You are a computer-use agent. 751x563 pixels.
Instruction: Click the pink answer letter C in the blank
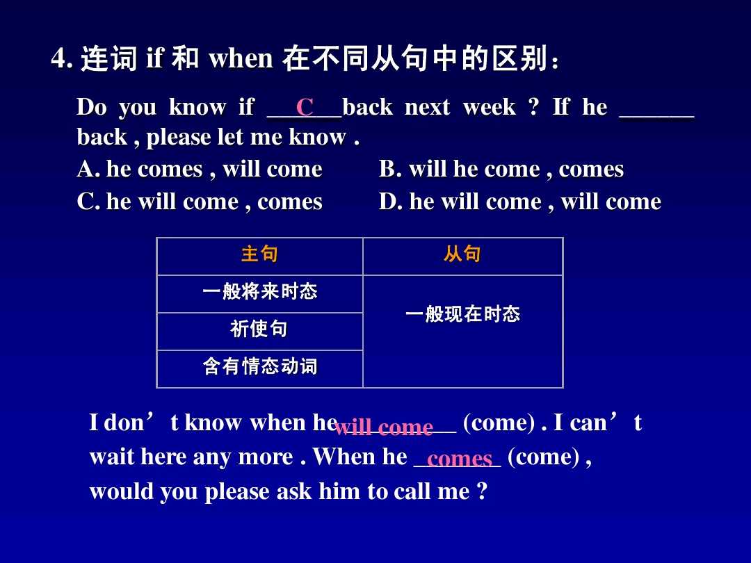coord(305,108)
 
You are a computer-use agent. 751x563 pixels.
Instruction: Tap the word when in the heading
coord(241,59)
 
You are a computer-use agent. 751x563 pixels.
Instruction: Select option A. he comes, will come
coord(200,170)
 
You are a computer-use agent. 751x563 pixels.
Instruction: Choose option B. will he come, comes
coord(501,170)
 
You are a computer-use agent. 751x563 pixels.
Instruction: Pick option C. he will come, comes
coord(200,202)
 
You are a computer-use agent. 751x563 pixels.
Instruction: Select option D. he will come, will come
coord(519,202)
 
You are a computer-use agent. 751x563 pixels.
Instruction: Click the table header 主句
coord(259,255)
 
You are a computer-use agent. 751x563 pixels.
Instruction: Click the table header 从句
coord(462,255)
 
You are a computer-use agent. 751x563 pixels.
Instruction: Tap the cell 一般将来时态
coord(259,292)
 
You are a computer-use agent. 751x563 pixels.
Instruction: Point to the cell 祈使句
coord(259,329)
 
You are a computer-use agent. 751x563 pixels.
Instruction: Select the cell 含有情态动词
coord(259,367)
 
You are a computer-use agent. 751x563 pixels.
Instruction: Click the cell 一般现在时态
coord(462,315)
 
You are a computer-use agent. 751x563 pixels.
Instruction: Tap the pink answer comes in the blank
coord(460,459)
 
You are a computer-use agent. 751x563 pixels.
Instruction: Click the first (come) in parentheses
coord(499,423)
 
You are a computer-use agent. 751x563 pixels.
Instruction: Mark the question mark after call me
coord(482,492)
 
